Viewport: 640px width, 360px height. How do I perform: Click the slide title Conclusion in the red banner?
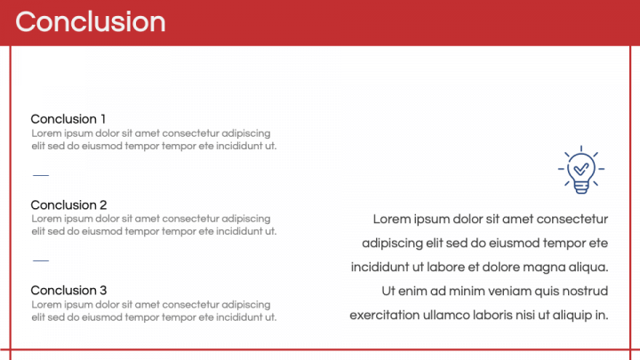click(x=90, y=21)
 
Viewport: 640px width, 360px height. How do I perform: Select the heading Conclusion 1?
click(x=68, y=119)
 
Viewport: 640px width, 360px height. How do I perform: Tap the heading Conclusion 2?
click(x=68, y=205)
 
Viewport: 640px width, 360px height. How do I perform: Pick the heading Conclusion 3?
click(x=68, y=291)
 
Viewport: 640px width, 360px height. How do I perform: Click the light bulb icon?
click(x=581, y=170)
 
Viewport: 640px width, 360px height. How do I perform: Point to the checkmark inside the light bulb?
click(x=581, y=169)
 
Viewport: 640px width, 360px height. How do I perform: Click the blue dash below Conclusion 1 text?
click(x=41, y=175)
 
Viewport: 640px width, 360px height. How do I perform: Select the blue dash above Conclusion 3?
click(x=41, y=260)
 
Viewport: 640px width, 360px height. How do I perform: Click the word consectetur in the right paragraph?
click(x=572, y=220)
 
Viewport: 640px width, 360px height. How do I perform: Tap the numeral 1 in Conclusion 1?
click(x=103, y=119)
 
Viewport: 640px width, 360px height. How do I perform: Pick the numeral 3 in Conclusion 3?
click(x=103, y=291)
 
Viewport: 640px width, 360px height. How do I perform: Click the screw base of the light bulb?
click(x=581, y=188)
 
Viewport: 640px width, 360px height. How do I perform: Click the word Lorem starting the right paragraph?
click(x=392, y=220)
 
